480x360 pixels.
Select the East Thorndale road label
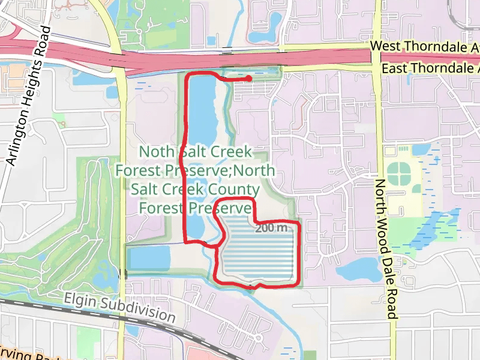pos(430,68)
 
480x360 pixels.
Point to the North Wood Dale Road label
pos(385,248)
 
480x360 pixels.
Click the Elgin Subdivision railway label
pos(120,307)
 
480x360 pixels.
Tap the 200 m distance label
pos(271,228)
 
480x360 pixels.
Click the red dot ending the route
pos(248,78)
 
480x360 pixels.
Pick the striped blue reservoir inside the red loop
pos(258,252)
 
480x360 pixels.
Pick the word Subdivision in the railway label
pos(145,311)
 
